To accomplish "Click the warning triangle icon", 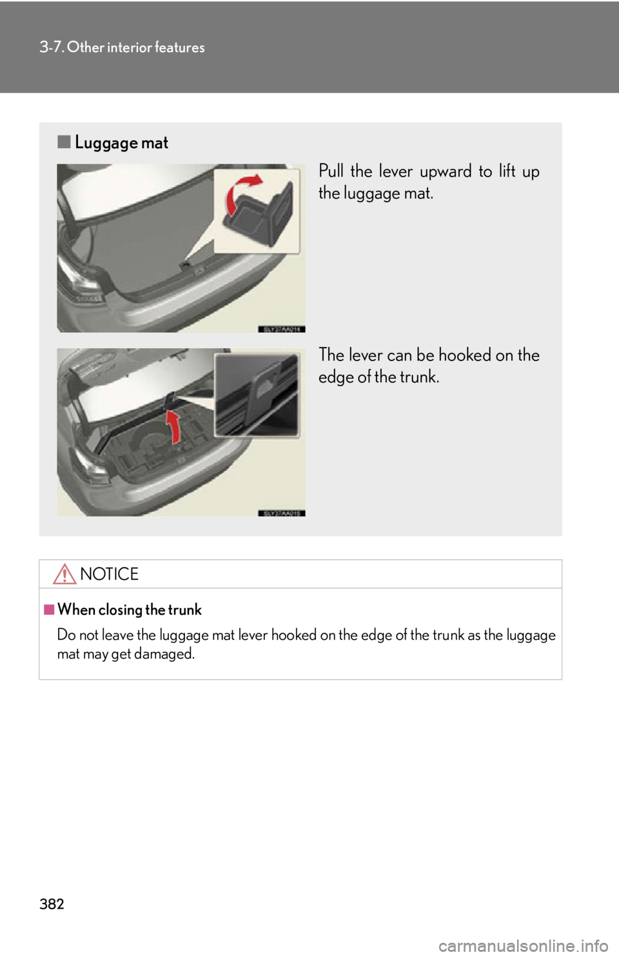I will point(65,574).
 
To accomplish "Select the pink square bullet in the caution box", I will point(49,609).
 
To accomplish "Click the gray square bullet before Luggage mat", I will point(63,142).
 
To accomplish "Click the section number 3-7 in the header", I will point(51,47).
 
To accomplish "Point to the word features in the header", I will point(180,47).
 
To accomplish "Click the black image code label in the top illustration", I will point(281,329).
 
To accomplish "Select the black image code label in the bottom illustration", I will point(281,513).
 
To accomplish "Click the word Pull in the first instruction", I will point(331,172).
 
